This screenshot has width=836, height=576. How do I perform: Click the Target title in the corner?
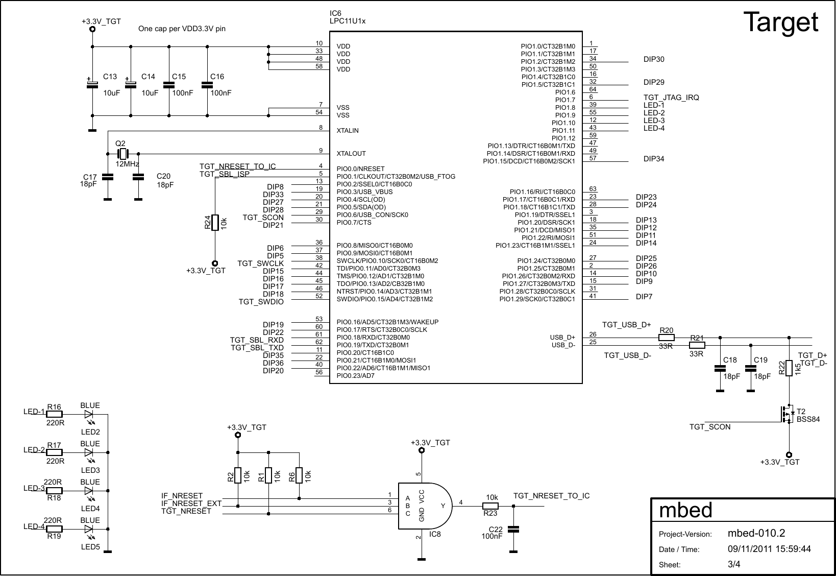(780, 23)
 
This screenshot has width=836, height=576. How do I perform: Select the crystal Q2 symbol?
(122, 153)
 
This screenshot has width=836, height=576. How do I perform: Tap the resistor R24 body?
(215, 223)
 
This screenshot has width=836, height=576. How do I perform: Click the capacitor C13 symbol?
(92, 85)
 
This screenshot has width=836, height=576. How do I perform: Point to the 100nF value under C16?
(221, 93)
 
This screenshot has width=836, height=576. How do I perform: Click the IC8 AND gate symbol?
(424, 506)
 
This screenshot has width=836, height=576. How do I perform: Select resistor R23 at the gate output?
(490, 506)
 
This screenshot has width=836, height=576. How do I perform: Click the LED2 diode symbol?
(89, 414)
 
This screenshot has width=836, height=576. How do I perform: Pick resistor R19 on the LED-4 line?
(54, 529)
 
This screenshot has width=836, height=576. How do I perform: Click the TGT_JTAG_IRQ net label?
(671, 98)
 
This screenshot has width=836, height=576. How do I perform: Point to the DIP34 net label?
(654, 159)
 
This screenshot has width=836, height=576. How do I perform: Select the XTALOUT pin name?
(351, 154)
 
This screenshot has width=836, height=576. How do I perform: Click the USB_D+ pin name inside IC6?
(562, 338)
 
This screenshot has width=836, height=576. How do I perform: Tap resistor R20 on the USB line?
(667, 338)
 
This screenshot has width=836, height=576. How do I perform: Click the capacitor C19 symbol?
(751, 368)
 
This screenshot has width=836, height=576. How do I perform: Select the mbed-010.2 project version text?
(756, 534)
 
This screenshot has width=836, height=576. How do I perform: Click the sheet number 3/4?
(734, 564)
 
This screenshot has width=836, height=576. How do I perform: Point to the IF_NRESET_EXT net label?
(191, 503)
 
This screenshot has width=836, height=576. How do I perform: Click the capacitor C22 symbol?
(513, 529)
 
